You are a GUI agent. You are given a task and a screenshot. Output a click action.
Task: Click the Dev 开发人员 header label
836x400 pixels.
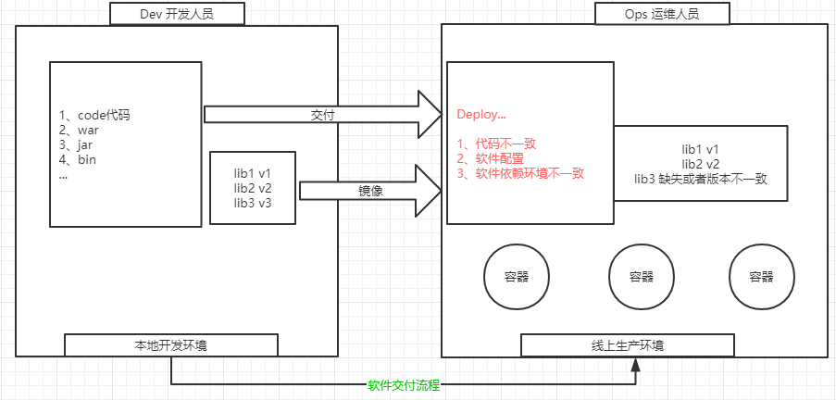(177, 14)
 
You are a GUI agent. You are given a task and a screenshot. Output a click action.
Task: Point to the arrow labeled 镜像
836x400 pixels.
(370, 189)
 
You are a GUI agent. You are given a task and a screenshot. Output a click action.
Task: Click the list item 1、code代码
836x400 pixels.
(94, 116)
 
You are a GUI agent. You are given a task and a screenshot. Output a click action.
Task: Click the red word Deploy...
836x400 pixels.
(481, 115)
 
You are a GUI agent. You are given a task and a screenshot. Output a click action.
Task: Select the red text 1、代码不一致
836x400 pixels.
(497, 144)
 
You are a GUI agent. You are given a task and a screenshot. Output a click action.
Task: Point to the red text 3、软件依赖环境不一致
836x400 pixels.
(521, 173)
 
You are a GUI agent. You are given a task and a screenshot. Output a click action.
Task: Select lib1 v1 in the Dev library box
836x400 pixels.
(253, 173)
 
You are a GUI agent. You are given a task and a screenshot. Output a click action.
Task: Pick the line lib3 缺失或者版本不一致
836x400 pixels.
(701, 179)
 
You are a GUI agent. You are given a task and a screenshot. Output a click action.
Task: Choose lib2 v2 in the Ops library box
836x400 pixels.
(701, 164)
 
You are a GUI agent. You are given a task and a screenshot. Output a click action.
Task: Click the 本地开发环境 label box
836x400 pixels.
(170, 346)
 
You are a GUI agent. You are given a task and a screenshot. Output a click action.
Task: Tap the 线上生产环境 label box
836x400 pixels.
(627, 346)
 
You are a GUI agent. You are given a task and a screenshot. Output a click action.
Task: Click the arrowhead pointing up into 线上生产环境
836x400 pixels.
(636, 367)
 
